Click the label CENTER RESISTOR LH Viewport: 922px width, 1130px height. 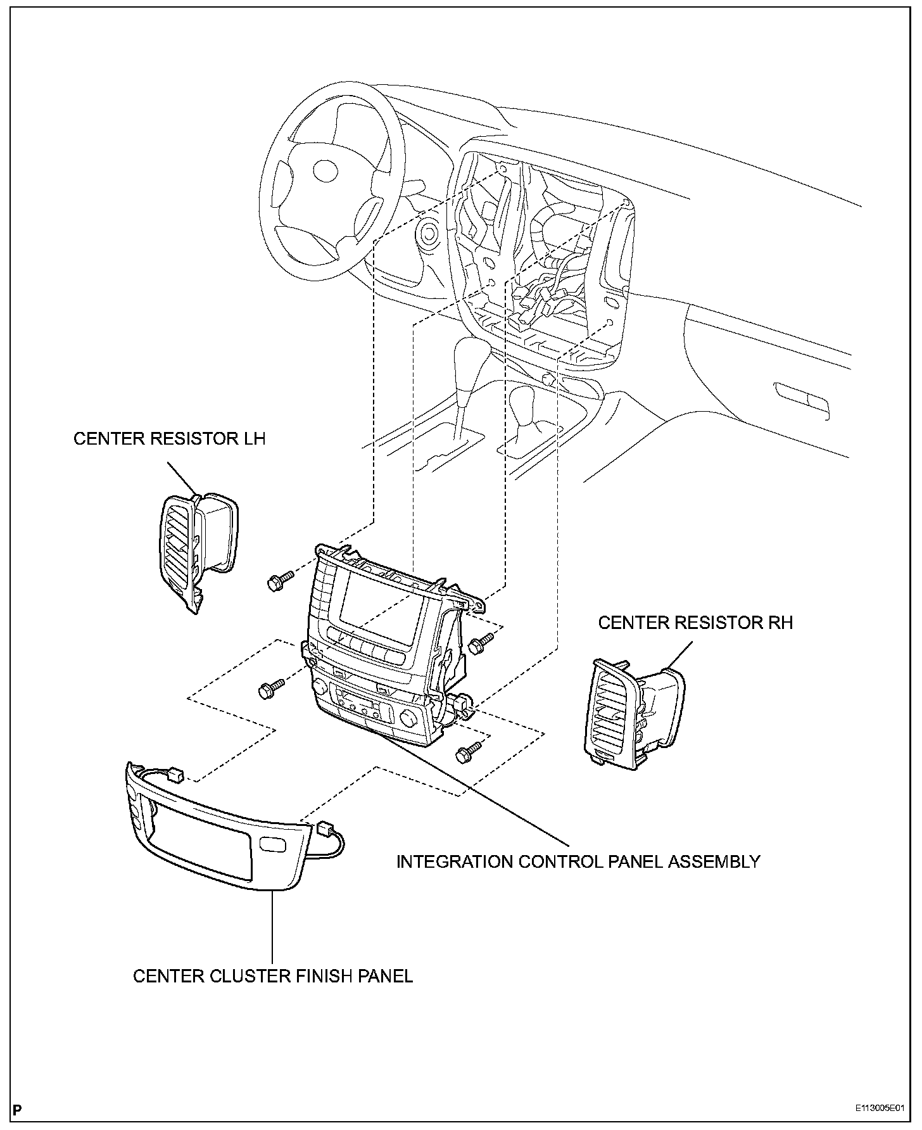169,439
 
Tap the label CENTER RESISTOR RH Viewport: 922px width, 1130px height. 695,623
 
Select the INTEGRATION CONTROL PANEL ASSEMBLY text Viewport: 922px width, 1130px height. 578,861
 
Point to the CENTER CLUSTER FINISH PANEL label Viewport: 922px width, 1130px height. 273,975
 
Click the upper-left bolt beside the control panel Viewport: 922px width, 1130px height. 279,580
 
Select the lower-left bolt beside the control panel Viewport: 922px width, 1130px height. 270,689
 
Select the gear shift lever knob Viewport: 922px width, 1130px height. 471,362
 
